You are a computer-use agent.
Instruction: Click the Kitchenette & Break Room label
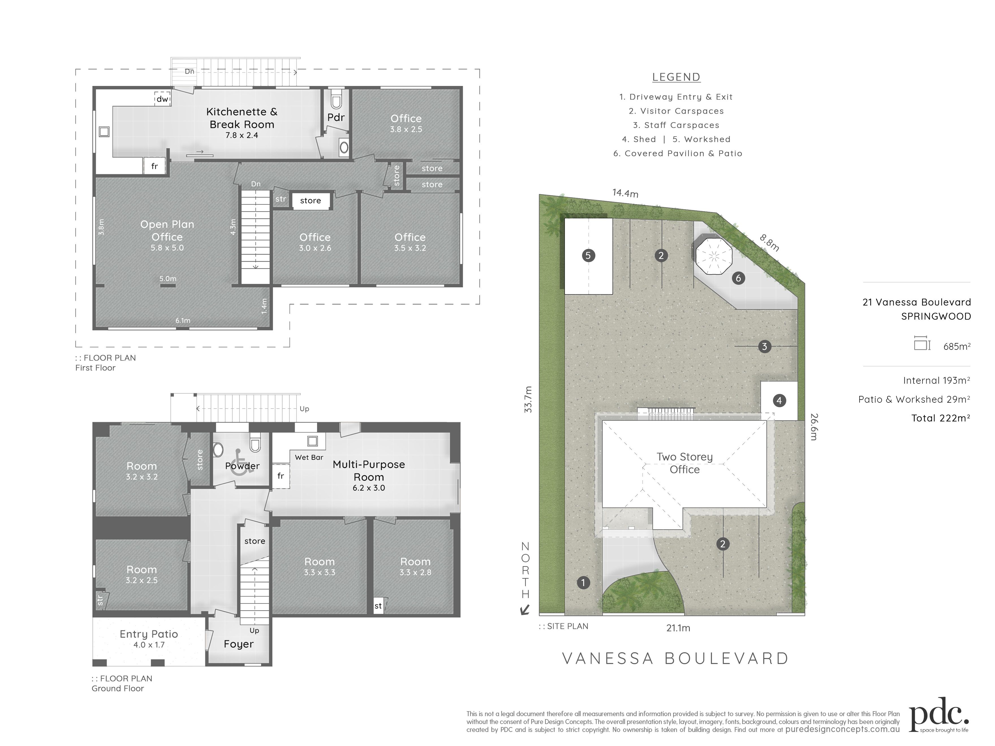coord(242,118)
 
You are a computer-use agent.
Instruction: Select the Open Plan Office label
coord(167,230)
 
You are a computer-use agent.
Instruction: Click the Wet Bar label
coord(309,457)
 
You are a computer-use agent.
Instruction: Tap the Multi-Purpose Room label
coord(369,470)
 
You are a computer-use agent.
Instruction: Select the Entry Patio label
coord(149,634)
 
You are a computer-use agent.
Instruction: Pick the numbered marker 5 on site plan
coord(588,255)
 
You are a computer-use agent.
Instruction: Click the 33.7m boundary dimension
coord(528,399)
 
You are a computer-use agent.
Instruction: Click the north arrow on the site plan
coord(524,610)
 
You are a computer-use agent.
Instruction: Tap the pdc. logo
coord(939,715)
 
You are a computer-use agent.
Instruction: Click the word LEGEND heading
coord(676,77)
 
